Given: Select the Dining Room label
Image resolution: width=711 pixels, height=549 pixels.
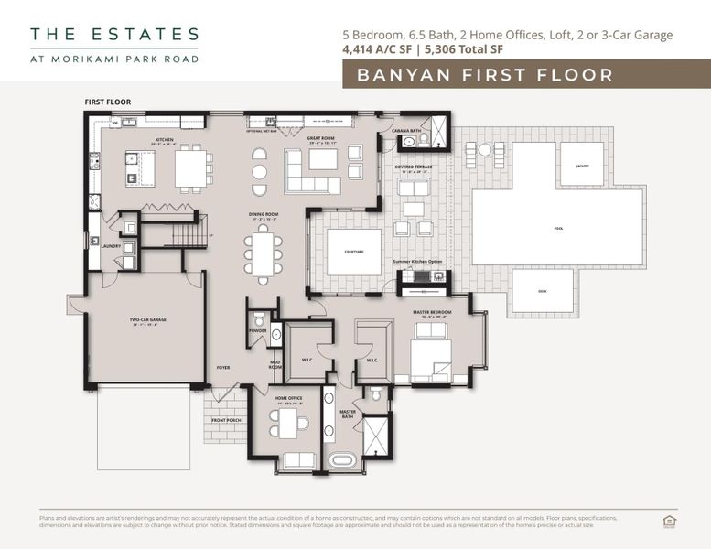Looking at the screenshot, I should [264, 215].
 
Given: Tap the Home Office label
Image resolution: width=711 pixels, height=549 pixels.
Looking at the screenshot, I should [288, 399].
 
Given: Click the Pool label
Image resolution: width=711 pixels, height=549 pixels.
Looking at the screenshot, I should [559, 229].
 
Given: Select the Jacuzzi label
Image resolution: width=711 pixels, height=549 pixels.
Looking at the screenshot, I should [582, 166].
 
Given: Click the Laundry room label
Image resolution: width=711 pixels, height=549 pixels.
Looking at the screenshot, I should [111, 245].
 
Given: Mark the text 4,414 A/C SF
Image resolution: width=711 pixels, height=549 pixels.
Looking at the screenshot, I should [378, 49].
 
